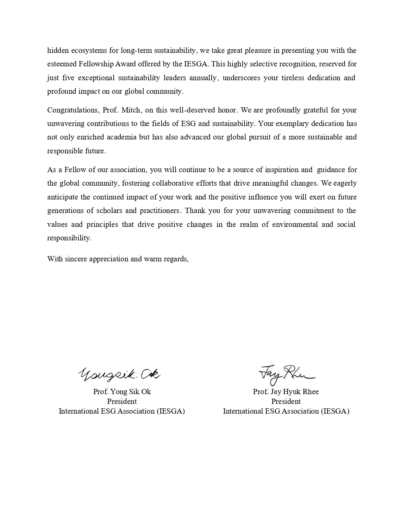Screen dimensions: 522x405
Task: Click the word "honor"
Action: [x=227, y=110]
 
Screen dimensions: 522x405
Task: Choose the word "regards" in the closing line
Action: [x=175, y=259]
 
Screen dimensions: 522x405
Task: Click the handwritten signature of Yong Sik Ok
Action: [x=119, y=373]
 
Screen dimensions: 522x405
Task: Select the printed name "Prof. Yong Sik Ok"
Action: [x=122, y=392]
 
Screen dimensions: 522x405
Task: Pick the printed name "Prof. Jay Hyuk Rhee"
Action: [x=286, y=392]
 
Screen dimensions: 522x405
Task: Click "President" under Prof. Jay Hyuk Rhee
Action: [x=286, y=402]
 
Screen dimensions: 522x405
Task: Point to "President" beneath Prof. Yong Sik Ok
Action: [x=122, y=402]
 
